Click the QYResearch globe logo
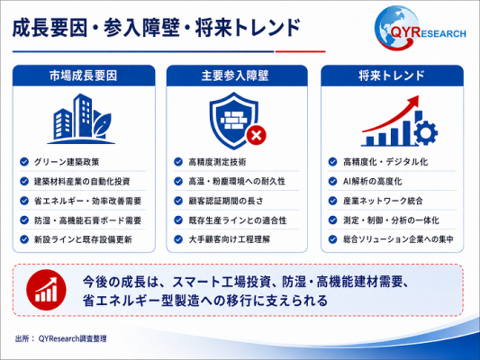[x=420, y=29]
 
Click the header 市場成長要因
[x=83, y=76]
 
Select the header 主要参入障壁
[x=235, y=76]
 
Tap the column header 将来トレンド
[x=392, y=76]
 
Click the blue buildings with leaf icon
[x=81, y=119]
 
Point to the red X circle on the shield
[x=257, y=135]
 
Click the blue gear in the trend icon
[x=425, y=132]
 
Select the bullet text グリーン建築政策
[x=67, y=162]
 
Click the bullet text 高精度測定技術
[x=217, y=162]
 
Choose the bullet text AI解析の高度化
[x=373, y=182]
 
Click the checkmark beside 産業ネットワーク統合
[x=332, y=201]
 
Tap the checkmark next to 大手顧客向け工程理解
[x=178, y=239]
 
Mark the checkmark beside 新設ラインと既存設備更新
[x=24, y=239]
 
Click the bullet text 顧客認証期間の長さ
[x=226, y=201]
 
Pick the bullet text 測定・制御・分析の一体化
[x=391, y=220]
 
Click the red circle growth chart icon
[x=46, y=290]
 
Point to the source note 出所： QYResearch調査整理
[x=61, y=338]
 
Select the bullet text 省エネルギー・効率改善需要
[x=88, y=201]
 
